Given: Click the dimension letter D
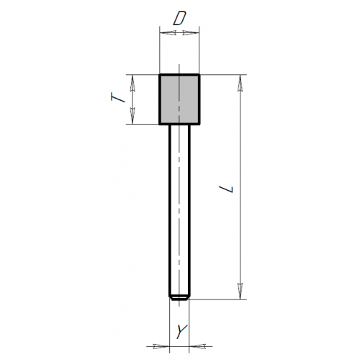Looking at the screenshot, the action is coord(179,19).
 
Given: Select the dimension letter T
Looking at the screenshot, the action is coord(118,98).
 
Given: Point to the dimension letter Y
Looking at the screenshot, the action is coord(181,331).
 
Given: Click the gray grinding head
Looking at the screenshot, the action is coord(179,99).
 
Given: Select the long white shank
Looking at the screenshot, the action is coord(179,211).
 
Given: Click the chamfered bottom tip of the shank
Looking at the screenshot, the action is coord(179,298).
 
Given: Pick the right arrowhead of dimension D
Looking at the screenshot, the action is coord(191,32).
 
